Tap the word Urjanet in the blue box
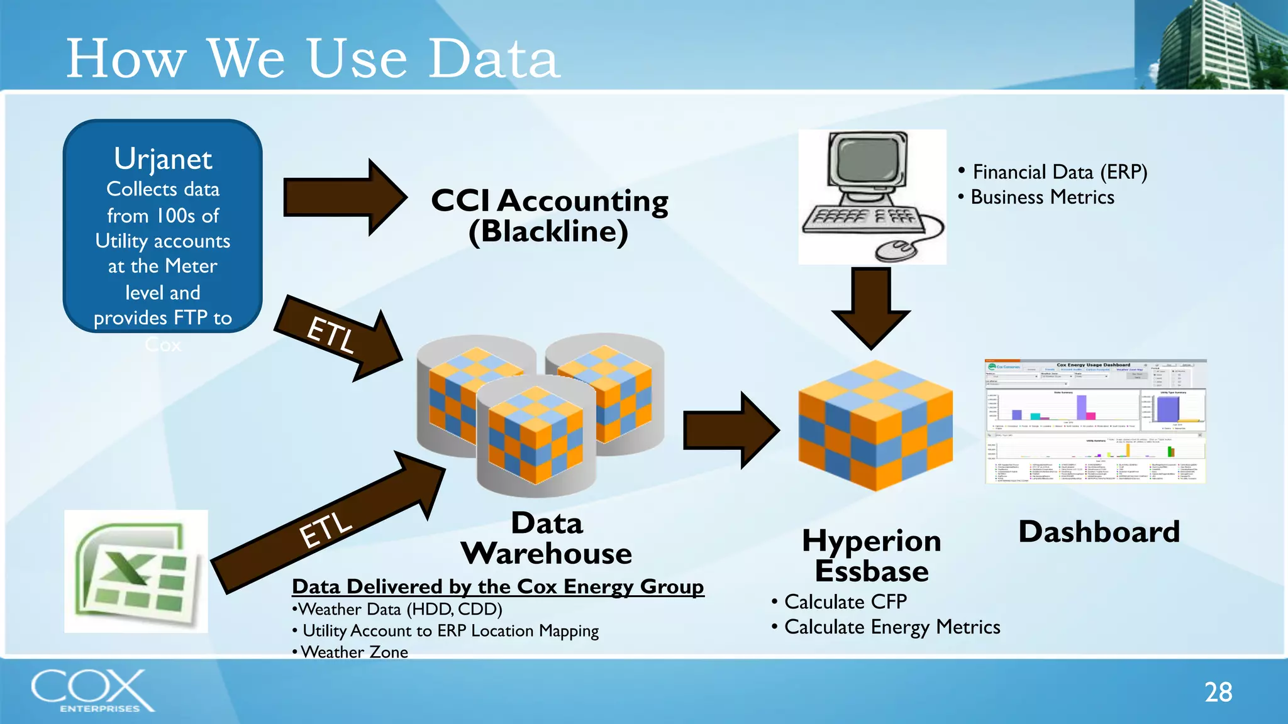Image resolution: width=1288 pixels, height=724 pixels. click(163, 159)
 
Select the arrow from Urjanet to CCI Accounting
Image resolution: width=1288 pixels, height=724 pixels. click(343, 197)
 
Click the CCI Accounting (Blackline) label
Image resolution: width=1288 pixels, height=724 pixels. click(549, 216)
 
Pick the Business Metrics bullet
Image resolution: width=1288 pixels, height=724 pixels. click(1041, 197)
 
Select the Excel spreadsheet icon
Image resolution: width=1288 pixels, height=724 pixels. click(136, 571)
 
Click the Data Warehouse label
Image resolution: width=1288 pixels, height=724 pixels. click(547, 539)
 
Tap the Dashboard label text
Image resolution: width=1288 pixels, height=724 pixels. click(1099, 532)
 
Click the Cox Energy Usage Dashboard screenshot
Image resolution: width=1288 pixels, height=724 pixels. click(1095, 421)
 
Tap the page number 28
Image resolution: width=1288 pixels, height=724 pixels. click(1218, 692)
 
